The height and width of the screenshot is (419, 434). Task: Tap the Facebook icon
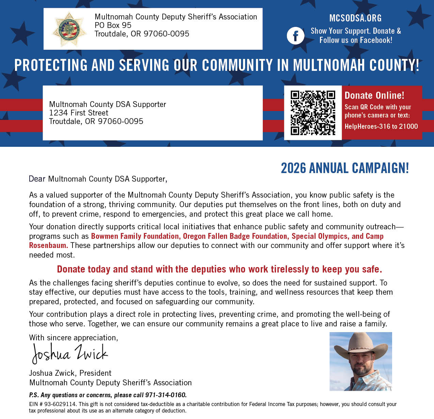pos(295,36)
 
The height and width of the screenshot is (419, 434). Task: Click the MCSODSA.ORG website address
pos(355,18)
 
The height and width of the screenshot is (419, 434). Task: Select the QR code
pos(313,113)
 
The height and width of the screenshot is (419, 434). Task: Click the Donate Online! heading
pos(374,95)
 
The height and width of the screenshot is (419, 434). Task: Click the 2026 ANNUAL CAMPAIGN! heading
pos(344,168)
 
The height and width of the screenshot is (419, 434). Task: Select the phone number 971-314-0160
pos(166,395)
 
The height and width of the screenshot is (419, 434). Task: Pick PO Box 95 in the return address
pos(113,25)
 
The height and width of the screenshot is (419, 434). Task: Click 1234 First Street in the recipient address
pos(79,113)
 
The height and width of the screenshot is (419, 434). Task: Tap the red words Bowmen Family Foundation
pos(135,236)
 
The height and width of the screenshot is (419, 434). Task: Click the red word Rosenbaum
pos(48,245)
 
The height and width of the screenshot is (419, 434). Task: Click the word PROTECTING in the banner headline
pos(51,65)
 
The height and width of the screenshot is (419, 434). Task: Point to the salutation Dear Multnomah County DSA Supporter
pos(98,179)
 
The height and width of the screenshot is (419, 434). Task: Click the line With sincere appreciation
pos(74,338)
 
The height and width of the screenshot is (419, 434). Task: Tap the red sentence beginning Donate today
pos(220,269)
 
